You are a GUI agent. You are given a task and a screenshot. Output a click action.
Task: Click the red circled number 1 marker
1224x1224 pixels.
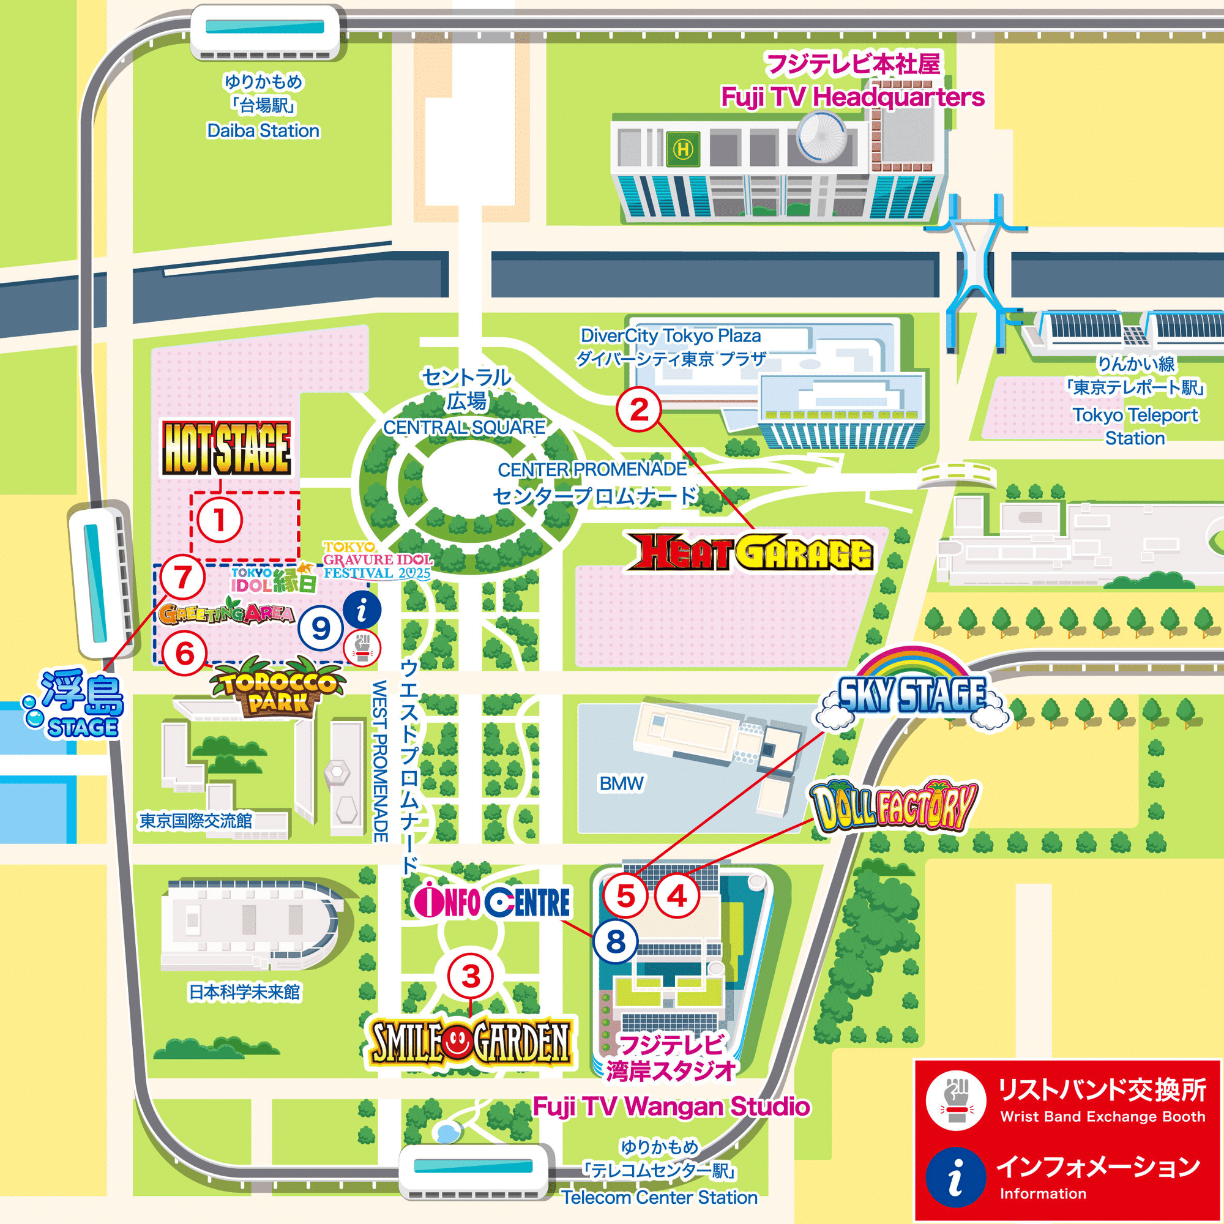pos(219,520)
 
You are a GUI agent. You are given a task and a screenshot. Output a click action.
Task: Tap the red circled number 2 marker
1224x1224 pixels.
pos(638,410)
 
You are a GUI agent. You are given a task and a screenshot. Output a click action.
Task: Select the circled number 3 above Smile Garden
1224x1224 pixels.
pos(471,976)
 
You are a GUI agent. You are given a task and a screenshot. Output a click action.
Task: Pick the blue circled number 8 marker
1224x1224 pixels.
pos(615,942)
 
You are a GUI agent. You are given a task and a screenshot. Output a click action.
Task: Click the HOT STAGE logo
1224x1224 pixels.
pos(226,448)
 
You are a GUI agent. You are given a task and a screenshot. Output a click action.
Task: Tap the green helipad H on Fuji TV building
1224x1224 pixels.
pos(683,149)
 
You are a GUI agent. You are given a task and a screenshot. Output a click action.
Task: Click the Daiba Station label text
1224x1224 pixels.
pos(263,130)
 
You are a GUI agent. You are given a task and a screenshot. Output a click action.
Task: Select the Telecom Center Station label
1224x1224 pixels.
pos(659,1198)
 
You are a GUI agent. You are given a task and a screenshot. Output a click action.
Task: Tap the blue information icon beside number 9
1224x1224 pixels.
pos(362,611)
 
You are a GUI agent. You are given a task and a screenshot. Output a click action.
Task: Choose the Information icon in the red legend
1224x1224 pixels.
pos(955,1176)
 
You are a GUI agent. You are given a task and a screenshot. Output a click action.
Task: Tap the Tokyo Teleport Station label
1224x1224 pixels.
pos(1135,427)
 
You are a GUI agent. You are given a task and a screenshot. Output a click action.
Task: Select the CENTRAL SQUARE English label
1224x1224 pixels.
pos(464,428)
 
